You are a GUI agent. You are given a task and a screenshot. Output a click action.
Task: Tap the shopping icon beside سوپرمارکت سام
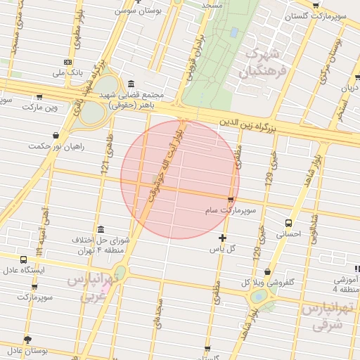click(x=231, y=200)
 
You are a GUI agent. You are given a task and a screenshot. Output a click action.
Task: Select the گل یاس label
click(x=222, y=249)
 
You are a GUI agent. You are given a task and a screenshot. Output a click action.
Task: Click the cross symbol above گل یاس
click(x=223, y=238)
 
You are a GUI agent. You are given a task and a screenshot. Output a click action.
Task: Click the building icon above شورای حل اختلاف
click(x=101, y=230)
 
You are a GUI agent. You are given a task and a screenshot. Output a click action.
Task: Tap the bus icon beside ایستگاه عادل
click(x=24, y=259)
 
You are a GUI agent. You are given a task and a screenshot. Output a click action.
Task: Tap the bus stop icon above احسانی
click(x=289, y=222)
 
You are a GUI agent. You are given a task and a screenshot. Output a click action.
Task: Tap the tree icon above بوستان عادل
click(x=28, y=340)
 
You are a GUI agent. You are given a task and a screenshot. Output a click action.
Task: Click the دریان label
click(x=349, y=88)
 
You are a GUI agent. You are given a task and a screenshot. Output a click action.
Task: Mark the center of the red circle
click(x=180, y=179)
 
